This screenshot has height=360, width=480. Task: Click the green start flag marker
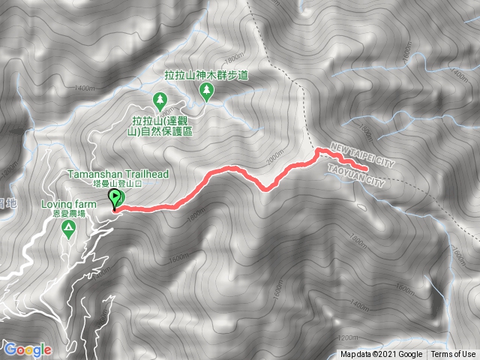click(115, 199)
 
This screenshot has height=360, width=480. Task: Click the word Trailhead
click(148, 174)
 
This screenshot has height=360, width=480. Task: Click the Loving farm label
click(68, 204)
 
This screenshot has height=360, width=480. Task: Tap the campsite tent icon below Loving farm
click(68, 227)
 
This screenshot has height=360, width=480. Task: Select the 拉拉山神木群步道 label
click(205, 76)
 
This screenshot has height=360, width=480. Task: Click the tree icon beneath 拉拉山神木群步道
click(205, 91)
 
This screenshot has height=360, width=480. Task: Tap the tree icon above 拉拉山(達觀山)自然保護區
click(160, 100)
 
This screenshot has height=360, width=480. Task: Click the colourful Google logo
click(27, 349)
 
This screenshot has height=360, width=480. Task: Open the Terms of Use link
click(452, 355)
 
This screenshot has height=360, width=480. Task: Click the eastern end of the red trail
click(367, 169)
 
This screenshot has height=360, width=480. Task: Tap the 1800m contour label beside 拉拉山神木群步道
click(234, 58)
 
